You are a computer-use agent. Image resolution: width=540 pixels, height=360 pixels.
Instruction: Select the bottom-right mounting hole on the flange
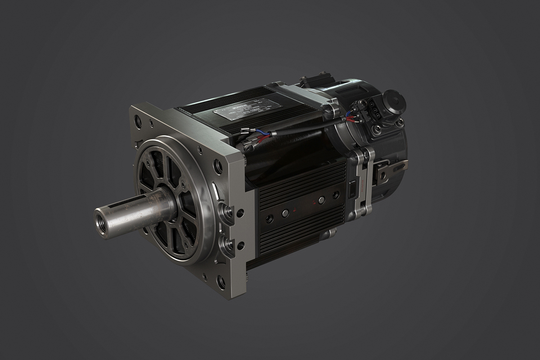[220, 282]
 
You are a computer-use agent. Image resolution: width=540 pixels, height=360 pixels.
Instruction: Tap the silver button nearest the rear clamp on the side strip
[321, 200]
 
